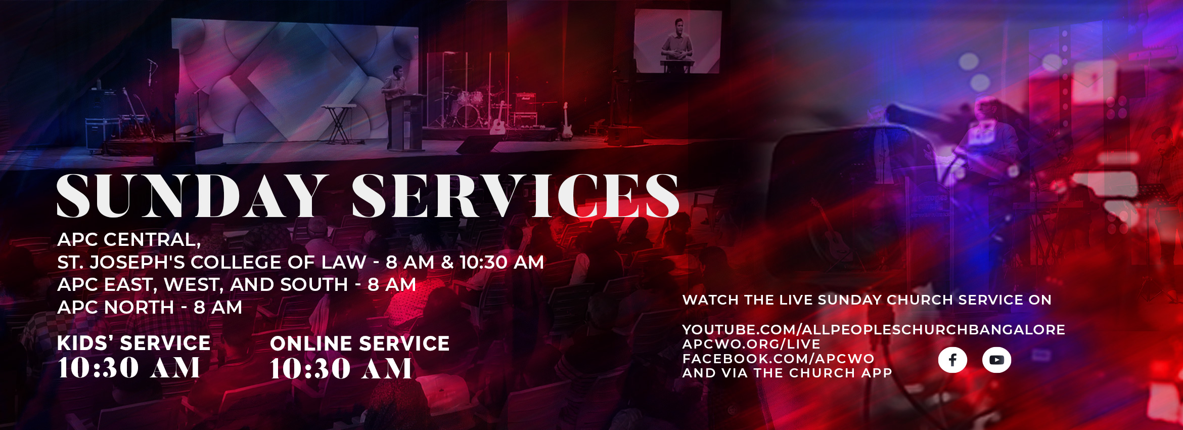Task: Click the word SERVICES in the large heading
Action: (515, 196)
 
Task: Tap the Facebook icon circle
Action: (952, 360)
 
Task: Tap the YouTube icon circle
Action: (996, 360)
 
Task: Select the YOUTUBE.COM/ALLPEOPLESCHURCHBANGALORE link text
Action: (874, 330)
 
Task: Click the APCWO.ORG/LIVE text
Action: (751, 344)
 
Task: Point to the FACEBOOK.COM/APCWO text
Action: (778, 359)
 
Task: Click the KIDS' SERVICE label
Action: (133, 343)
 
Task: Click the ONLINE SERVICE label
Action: (359, 343)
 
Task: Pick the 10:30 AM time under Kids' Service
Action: (128, 367)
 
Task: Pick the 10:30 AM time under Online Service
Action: (341, 368)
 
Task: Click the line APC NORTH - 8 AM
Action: (150, 307)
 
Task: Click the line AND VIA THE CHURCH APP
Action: (787, 373)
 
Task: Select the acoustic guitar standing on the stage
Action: (498, 119)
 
